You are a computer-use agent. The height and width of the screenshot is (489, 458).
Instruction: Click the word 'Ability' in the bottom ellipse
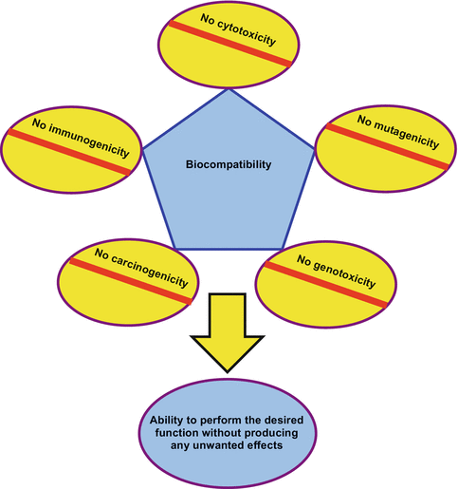coord(172,419)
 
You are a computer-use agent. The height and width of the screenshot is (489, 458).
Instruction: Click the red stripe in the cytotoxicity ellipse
coord(229,45)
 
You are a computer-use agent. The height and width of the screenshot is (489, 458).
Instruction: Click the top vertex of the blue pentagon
coord(229,90)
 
